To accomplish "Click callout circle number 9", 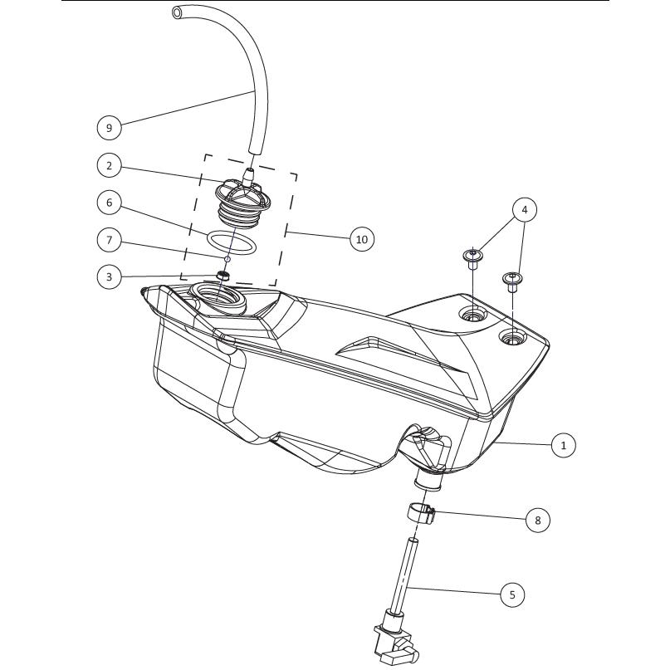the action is [109, 127].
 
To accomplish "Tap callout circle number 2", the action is [109, 165].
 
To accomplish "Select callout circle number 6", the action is [109, 202].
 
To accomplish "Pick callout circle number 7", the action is [109, 240].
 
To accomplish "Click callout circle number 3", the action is [109, 276].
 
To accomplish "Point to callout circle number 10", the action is [361, 239].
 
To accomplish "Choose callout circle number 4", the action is [525, 209].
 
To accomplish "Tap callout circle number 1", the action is [563, 445].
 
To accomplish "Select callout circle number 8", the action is [537, 520].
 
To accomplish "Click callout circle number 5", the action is [512, 594].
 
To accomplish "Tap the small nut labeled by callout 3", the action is [223, 275].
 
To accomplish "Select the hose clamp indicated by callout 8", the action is [419, 512].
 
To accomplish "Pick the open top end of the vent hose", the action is [177, 12].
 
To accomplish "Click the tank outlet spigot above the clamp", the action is [428, 481].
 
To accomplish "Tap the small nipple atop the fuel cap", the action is [248, 175].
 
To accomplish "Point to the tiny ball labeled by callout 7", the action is [227, 259].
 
